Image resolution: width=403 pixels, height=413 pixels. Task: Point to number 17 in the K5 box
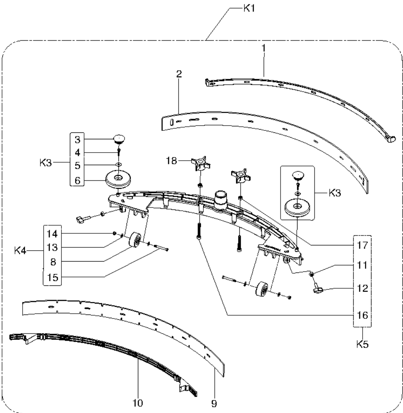coord(362,244)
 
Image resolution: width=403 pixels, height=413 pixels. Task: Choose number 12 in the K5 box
coord(362,289)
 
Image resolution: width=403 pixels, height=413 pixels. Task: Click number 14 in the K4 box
coord(52,233)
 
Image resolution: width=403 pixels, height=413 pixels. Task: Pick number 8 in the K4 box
coord(52,262)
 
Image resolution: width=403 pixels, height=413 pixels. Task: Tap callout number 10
coord(139,403)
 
